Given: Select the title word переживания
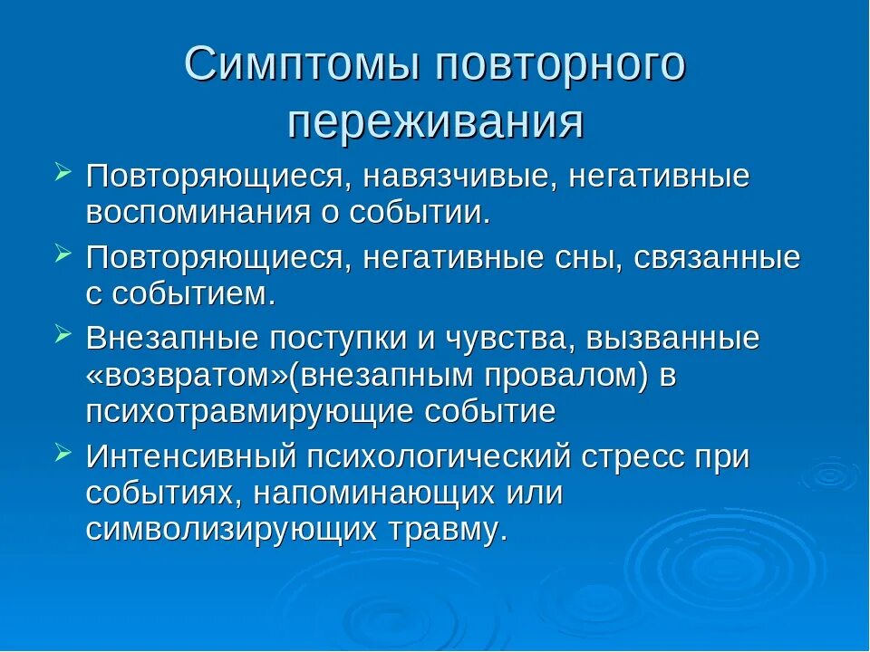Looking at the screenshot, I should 435,121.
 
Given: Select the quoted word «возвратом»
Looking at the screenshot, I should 180,375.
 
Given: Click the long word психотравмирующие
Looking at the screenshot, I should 249,411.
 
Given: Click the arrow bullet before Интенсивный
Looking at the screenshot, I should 63,452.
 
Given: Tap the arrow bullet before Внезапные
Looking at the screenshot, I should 63,334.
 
